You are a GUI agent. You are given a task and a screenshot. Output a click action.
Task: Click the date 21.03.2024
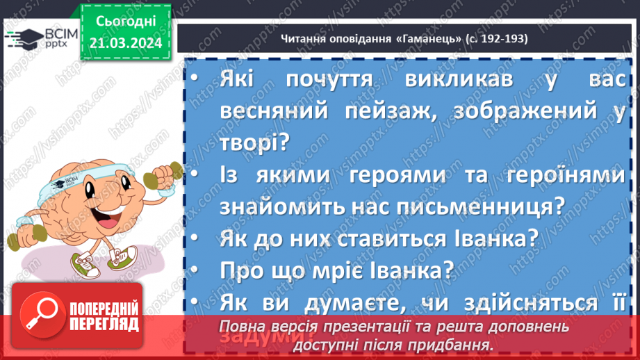[x=124, y=42]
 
